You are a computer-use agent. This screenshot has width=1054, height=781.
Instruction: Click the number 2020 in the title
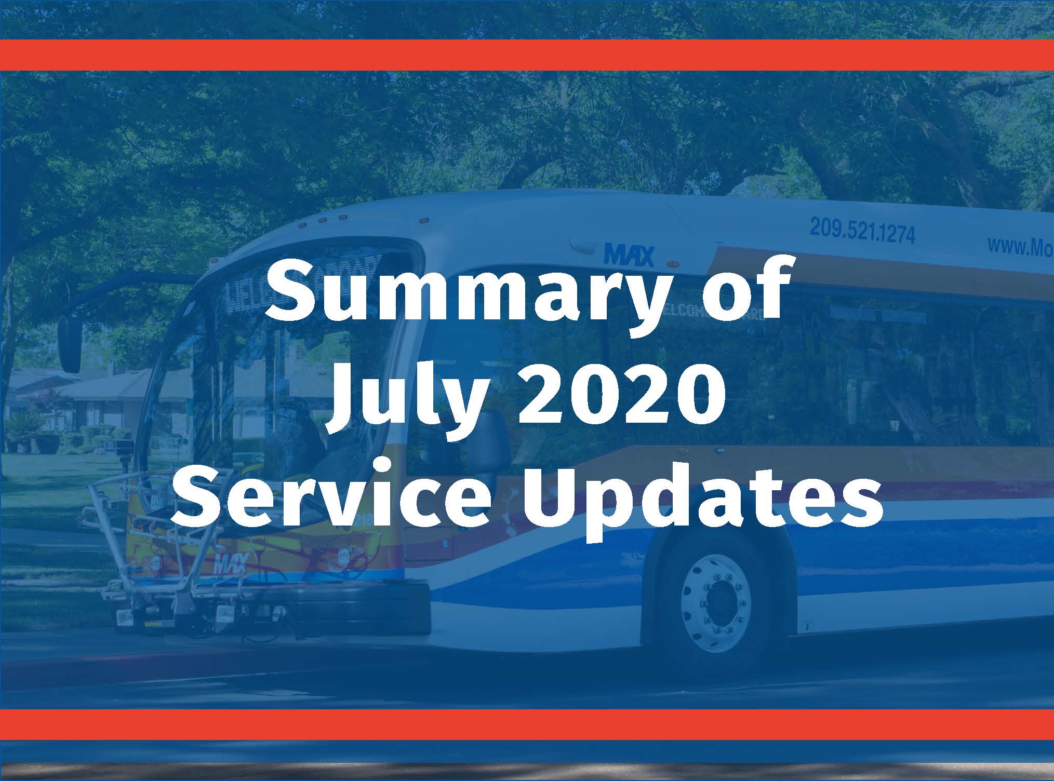point(618,397)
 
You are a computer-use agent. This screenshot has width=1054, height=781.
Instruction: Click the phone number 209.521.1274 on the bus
point(862,232)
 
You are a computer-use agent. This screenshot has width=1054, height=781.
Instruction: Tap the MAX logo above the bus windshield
point(629,256)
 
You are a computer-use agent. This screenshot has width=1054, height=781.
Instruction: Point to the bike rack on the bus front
point(156,566)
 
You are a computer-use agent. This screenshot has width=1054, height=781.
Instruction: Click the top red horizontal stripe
point(527,55)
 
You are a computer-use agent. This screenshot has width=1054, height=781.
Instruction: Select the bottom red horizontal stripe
point(527,724)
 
